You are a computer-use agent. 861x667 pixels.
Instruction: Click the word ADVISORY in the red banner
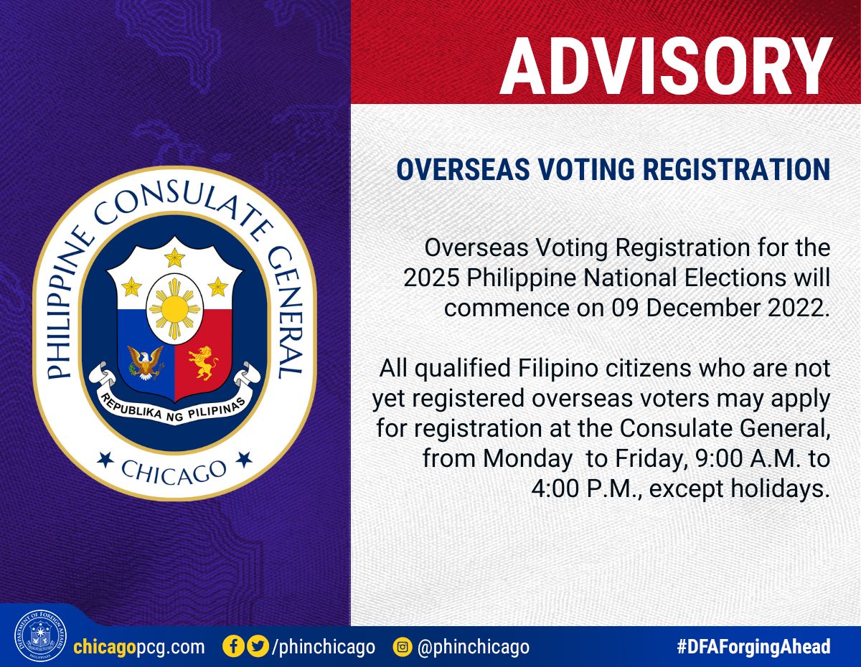[666, 66]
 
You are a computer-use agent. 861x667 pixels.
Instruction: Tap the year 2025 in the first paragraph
[431, 278]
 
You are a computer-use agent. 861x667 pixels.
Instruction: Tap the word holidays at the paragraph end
[780, 490]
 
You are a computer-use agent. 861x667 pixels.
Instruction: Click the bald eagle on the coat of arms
[146, 362]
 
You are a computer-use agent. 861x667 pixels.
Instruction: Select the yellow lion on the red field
[203, 362]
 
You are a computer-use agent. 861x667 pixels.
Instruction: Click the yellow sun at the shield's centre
[175, 307]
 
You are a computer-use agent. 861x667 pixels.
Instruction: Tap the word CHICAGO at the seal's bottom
[174, 471]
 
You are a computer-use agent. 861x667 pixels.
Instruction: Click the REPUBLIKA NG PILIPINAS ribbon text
[173, 407]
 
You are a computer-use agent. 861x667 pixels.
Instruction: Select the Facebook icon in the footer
[234, 646]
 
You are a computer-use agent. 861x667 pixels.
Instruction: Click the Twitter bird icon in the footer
[258, 646]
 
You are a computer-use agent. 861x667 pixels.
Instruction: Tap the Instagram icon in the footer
[403, 647]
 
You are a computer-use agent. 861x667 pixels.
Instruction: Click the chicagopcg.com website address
[139, 647]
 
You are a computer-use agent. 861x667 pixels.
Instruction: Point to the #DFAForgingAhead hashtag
[753, 646]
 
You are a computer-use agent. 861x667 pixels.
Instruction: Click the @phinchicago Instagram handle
[474, 647]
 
